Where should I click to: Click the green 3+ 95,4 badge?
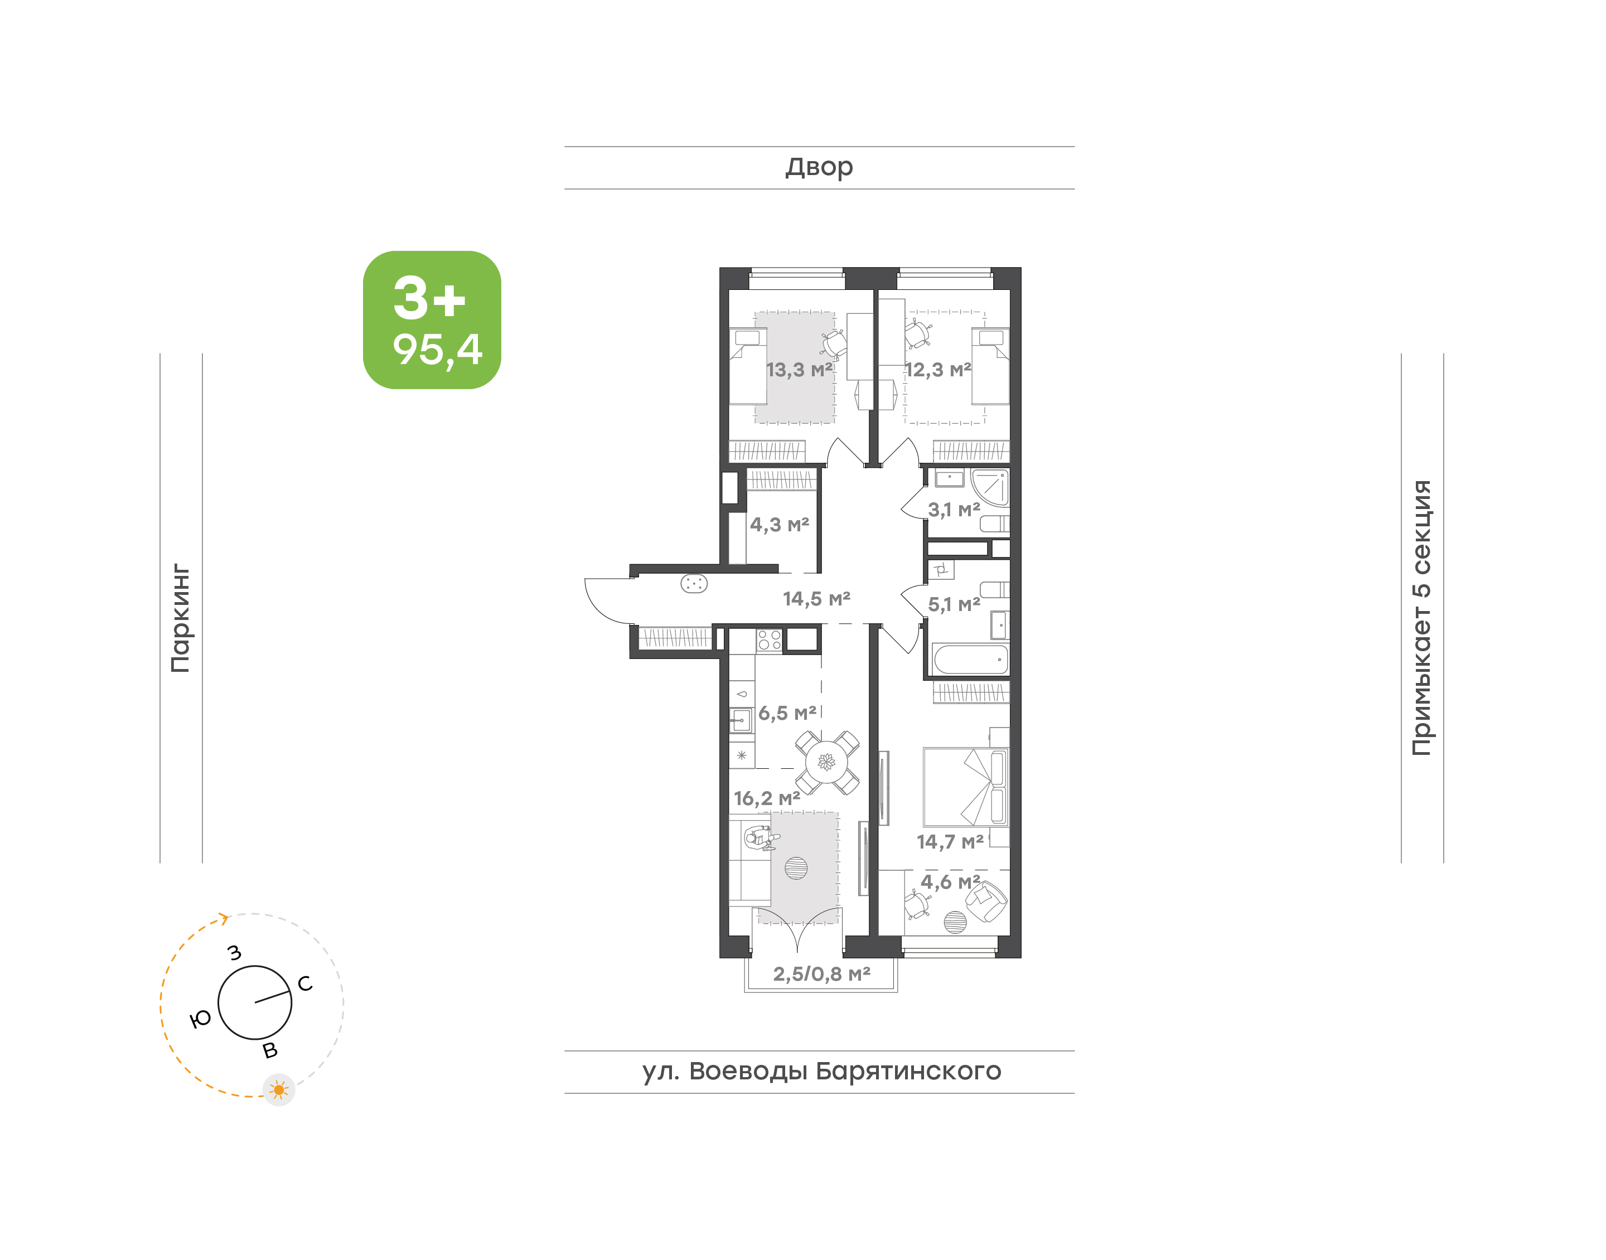click(432, 319)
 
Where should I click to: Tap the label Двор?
click(819, 167)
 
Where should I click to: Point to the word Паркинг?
click(181, 618)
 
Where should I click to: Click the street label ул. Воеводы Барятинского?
click(821, 1070)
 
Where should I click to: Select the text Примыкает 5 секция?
click(1421, 618)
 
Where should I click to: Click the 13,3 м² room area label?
click(799, 370)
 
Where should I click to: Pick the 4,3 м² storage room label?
click(780, 525)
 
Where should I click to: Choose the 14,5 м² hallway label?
click(816, 598)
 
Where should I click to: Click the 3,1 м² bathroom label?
click(954, 509)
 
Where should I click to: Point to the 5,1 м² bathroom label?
click(954, 604)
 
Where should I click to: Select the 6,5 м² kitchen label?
click(787, 713)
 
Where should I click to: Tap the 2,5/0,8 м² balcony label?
click(822, 974)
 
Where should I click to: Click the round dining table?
click(827, 762)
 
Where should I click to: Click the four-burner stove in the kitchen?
click(770, 639)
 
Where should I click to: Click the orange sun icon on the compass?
click(279, 1089)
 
